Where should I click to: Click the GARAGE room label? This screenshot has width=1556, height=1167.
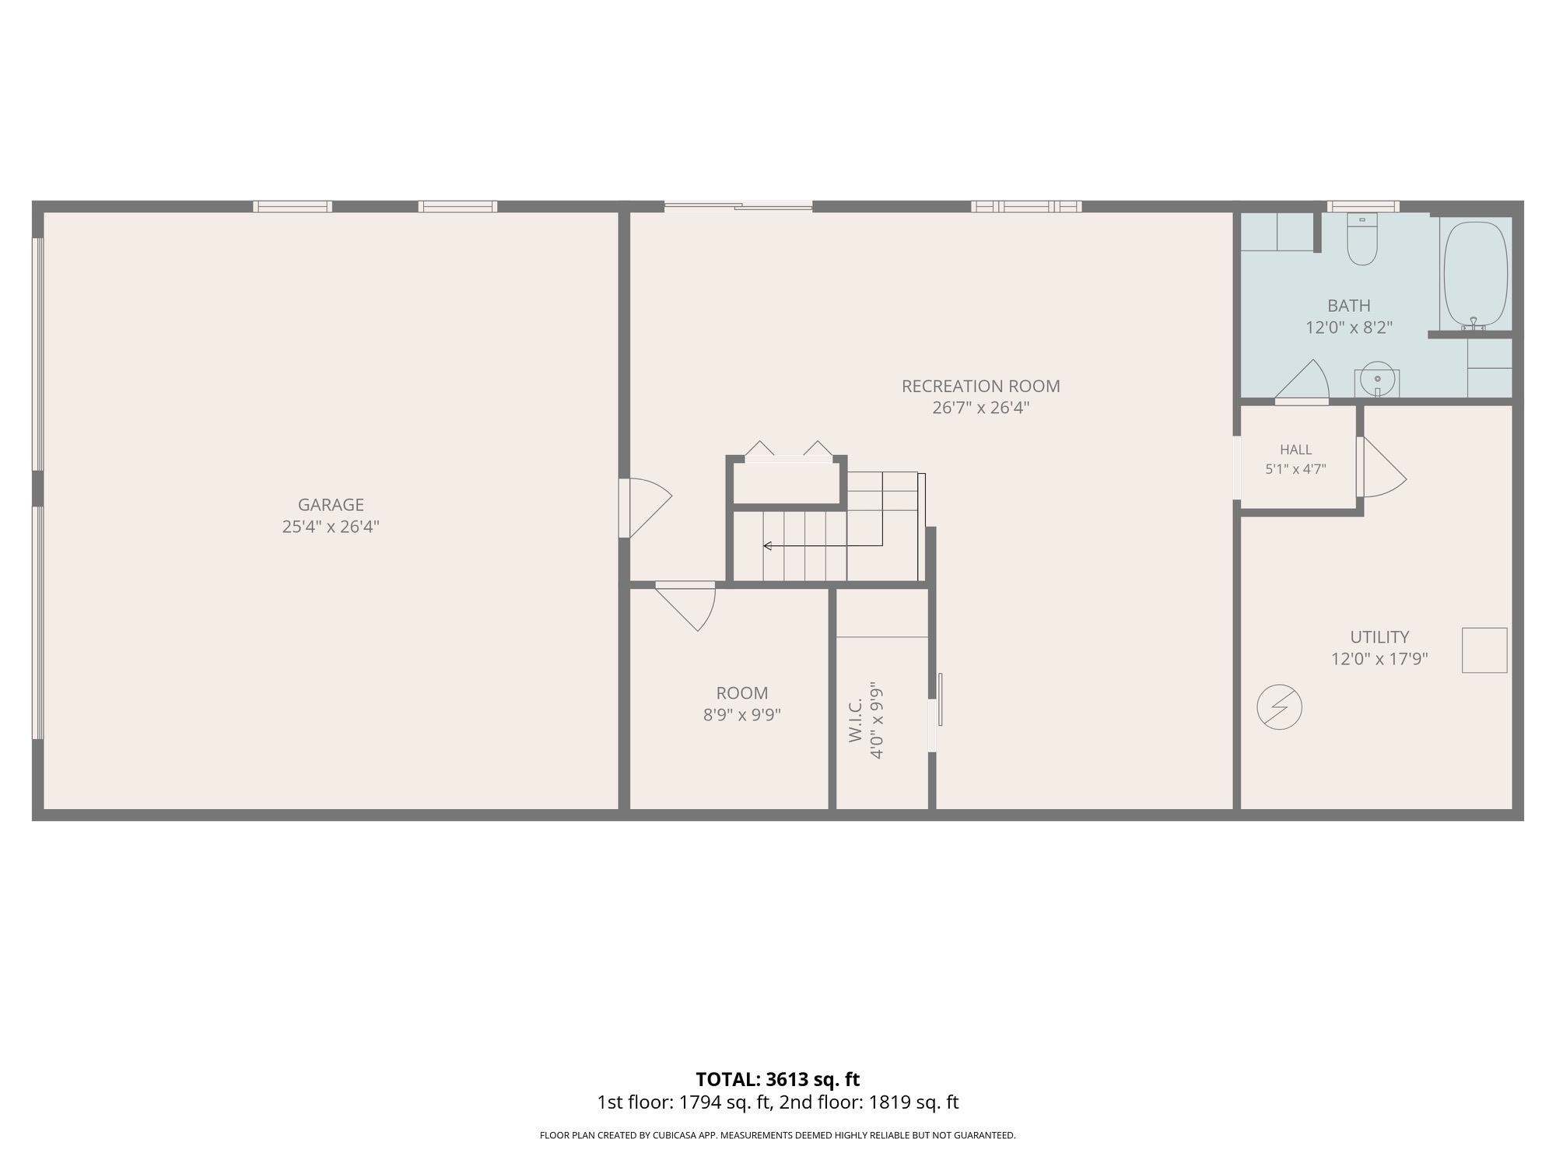pyautogui.click(x=331, y=505)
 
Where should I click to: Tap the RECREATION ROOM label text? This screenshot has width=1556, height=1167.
pyautogui.click(x=980, y=386)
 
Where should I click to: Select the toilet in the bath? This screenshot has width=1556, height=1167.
pyautogui.click(x=1362, y=239)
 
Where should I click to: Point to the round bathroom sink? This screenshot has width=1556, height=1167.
pyautogui.click(x=1377, y=380)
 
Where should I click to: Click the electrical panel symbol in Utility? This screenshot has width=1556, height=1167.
pyautogui.click(x=1279, y=707)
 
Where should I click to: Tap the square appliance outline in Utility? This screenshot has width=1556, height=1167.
pyautogui.click(x=1484, y=650)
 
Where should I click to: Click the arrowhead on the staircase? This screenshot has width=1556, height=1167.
pyautogui.click(x=767, y=545)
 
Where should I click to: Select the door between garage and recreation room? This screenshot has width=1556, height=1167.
pyautogui.click(x=645, y=507)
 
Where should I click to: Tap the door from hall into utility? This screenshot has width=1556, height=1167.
pyautogui.click(x=1381, y=467)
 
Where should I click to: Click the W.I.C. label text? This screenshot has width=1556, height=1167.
pyautogui.click(x=856, y=720)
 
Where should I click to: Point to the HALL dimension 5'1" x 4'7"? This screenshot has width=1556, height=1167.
pyautogui.click(x=1295, y=469)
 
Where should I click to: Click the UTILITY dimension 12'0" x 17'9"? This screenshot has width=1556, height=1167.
pyautogui.click(x=1379, y=659)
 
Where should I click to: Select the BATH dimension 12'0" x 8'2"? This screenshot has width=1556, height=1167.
pyautogui.click(x=1349, y=328)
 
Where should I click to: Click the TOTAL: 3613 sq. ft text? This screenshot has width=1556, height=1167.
pyautogui.click(x=778, y=1079)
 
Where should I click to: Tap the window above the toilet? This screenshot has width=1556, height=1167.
pyautogui.click(x=1363, y=206)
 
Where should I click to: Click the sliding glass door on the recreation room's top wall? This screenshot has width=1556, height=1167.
pyautogui.click(x=738, y=206)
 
